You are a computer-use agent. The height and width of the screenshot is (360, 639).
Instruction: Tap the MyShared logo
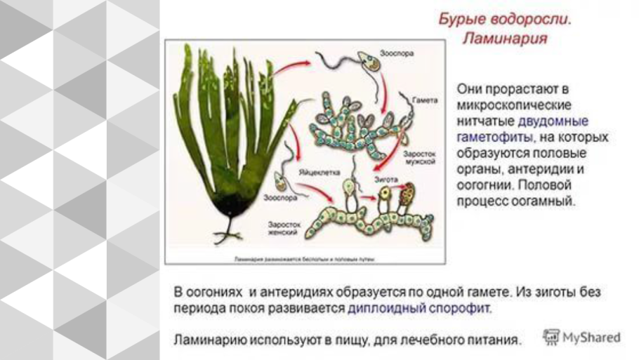click(x=583, y=337)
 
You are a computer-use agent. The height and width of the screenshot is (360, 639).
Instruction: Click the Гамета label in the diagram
click(x=426, y=100)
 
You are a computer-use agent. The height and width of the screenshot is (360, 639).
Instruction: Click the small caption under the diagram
click(x=304, y=259)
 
